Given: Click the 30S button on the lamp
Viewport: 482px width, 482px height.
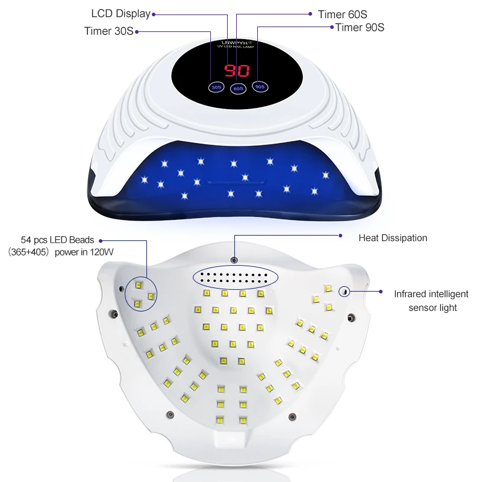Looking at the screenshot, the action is (x=216, y=87).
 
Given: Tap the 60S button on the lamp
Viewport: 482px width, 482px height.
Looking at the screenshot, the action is (x=238, y=89).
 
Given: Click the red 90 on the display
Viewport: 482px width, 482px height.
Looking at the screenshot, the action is (x=236, y=71).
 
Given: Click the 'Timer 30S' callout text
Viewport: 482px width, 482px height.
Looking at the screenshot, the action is (x=108, y=31).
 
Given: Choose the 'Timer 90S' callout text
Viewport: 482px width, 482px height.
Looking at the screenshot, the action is (x=360, y=27).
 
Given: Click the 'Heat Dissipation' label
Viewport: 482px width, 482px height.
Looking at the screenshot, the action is (x=393, y=238).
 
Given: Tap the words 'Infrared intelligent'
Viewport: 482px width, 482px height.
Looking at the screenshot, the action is (x=431, y=294).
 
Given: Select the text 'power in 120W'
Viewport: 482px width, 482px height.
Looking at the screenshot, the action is (x=83, y=252).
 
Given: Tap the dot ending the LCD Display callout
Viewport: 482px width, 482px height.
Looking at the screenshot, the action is (x=154, y=13).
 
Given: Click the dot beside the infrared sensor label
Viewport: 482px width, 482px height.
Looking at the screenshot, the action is (x=381, y=292).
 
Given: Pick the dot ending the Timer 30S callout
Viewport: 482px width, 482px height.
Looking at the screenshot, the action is (x=137, y=31).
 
